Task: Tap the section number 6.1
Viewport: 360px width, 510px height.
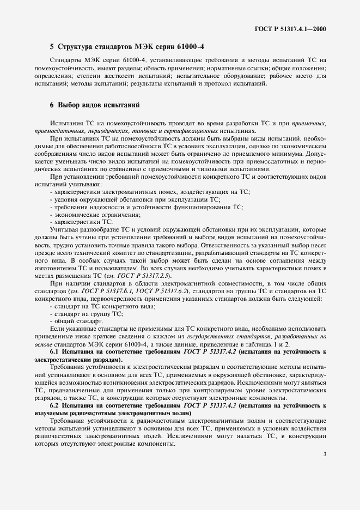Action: click(54, 353)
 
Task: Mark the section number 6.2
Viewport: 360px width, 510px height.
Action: click(54, 406)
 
